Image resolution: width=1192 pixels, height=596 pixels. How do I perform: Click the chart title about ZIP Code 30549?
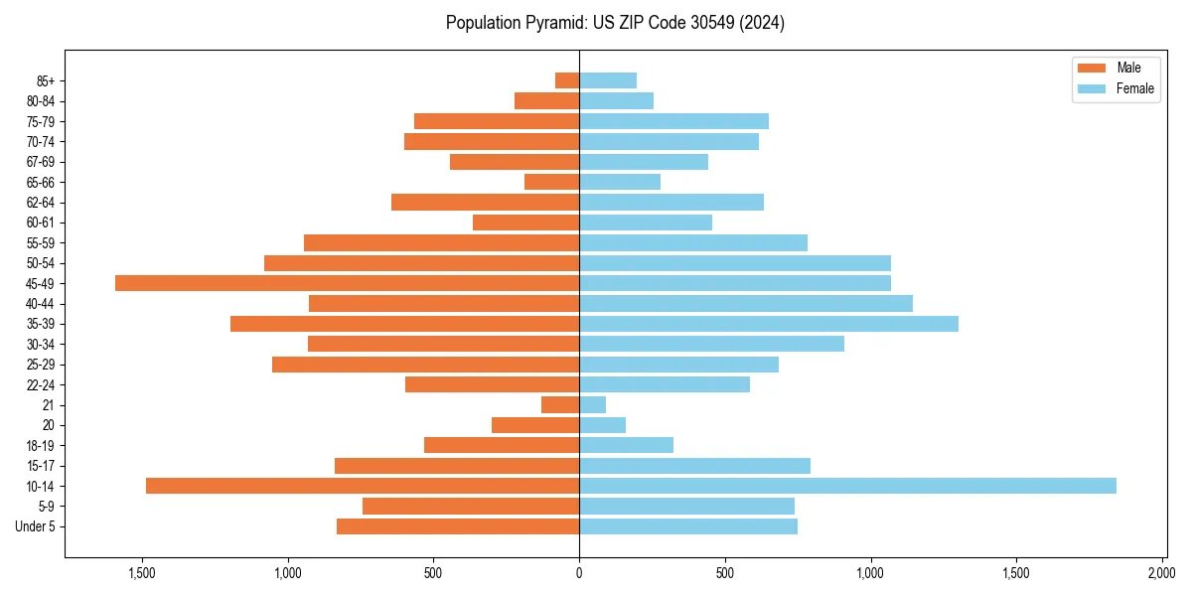[615, 23]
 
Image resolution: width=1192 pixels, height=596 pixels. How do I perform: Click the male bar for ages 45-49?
[347, 283]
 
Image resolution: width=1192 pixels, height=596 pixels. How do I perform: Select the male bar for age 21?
[560, 404]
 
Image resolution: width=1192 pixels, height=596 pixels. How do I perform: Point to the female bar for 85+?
[608, 80]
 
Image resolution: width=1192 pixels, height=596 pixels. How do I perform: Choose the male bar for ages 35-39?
[404, 324]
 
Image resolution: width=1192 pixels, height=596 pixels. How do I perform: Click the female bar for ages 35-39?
[769, 324]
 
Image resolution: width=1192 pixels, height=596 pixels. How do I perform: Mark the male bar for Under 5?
[458, 526]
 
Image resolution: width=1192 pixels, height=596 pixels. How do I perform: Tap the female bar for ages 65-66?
[620, 182]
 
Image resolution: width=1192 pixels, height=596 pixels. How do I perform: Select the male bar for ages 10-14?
[363, 486]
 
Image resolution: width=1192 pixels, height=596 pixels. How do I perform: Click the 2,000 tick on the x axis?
[1162, 573]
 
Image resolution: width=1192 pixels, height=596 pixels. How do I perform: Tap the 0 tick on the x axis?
[579, 573]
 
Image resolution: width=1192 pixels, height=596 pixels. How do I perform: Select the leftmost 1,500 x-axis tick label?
[142, 573]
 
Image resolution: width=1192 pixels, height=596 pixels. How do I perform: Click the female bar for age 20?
[602, 425]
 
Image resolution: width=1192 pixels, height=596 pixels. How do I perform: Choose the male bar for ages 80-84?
[546, 100]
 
